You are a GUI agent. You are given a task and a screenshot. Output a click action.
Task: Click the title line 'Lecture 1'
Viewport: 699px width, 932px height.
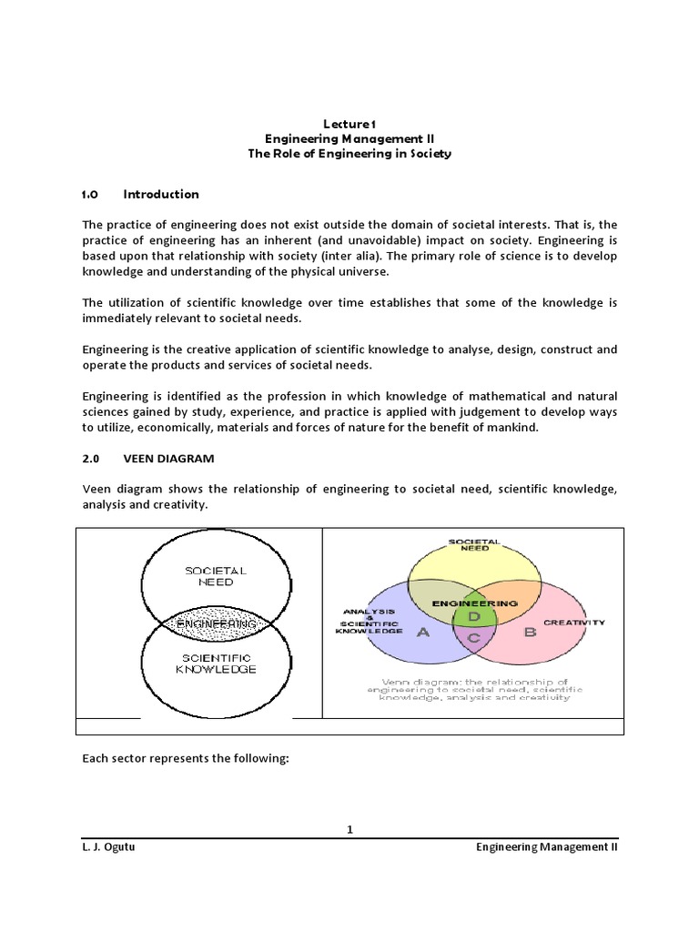point(349,123)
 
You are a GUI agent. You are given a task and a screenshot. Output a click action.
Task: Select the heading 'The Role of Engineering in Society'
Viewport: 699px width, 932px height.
point(349,154)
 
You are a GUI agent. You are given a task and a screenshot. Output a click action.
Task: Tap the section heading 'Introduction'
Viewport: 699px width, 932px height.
point(161,194)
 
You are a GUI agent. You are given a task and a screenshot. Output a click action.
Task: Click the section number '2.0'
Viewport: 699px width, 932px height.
point(90,459)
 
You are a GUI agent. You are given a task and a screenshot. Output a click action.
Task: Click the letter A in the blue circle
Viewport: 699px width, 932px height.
point(422,634)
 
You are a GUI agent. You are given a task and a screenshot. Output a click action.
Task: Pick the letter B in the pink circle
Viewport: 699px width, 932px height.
point(530,632)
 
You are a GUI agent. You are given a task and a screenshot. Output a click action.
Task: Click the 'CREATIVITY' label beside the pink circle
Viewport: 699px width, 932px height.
point(573,623)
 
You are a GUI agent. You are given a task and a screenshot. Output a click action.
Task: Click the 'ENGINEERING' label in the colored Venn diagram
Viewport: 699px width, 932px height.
point(474,603)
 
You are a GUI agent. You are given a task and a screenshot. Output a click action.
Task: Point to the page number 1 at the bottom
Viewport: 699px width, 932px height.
point(349,829)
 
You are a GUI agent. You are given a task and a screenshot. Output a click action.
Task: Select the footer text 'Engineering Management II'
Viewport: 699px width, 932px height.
point(547,846)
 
